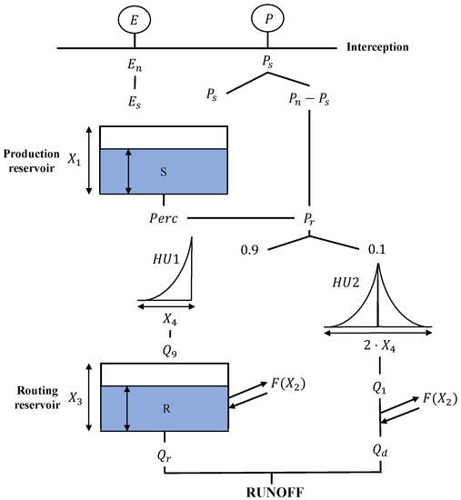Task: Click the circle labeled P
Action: point(266,17)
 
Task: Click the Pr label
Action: point(309,219)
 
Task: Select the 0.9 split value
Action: point(252,247)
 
